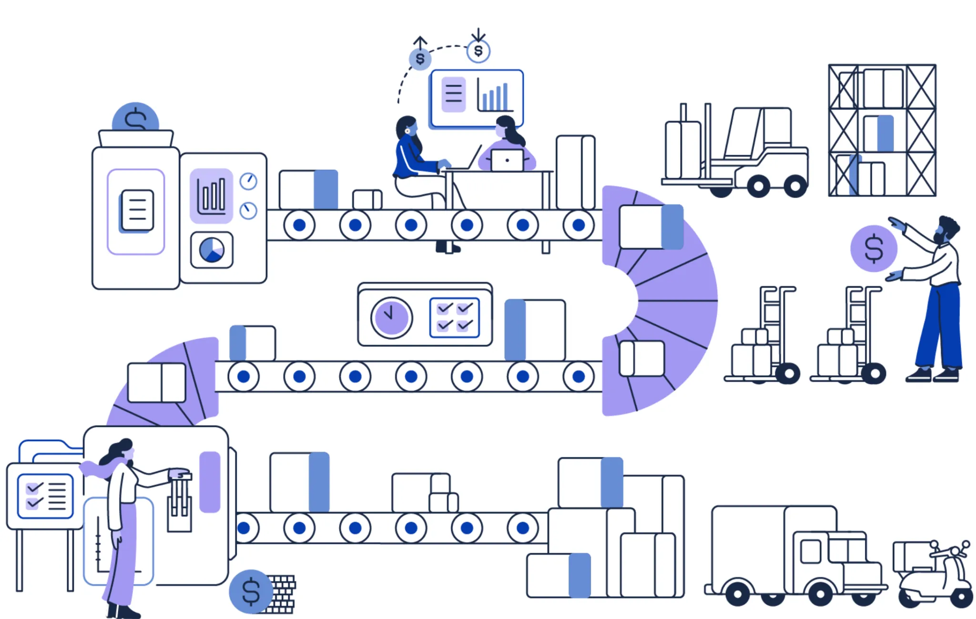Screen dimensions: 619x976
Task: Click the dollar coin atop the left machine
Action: tap(135, 117)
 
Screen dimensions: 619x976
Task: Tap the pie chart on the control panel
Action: tap(212, 250)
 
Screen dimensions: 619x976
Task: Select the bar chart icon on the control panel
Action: tap(212, 196)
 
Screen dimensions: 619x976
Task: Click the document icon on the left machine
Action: tap(137, 210)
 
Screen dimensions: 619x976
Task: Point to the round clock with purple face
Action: tap(391, 318)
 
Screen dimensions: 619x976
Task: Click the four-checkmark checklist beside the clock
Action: tap(454, 318)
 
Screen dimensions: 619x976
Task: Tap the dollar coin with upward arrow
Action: tap(420, 59)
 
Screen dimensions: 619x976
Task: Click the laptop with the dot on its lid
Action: tap(507, 160)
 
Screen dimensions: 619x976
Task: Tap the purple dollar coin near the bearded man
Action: tap(874, 248)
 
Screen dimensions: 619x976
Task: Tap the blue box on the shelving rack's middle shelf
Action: tap(885, 133)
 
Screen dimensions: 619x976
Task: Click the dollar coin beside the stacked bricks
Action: tap(251, 592)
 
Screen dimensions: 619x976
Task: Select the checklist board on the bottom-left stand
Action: tap(45, 496)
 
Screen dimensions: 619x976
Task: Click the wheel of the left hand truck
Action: tap(788, 373)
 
